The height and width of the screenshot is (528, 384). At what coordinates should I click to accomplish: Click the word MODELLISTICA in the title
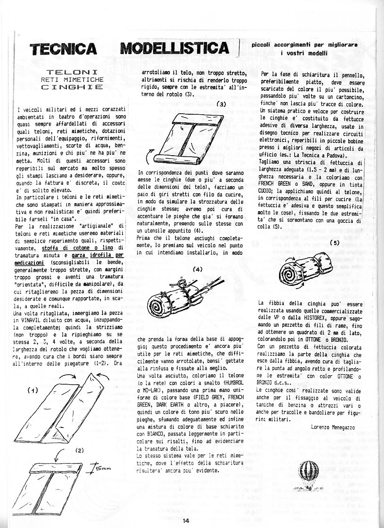(175, 48)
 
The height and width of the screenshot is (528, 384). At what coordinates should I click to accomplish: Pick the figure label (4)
(198, 269)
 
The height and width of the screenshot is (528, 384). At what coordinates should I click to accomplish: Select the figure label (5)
(335, 243)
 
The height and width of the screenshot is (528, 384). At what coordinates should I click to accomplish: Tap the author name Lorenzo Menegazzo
(333, 426)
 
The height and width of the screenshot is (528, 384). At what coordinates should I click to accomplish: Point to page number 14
(185, 520)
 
